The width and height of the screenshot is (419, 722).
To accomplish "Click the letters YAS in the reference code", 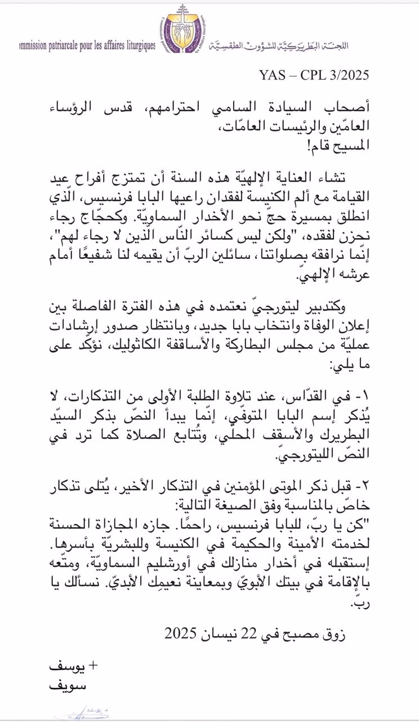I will pos(273,75).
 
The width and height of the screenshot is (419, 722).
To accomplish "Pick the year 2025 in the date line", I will pos(180,635).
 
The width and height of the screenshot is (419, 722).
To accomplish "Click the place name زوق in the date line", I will pos(335,635).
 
